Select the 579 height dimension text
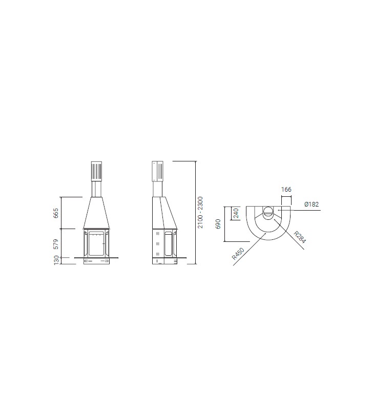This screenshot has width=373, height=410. click(x=56, y=244)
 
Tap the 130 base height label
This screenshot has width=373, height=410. click(x=56, y=260)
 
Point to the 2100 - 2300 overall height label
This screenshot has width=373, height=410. click(x=200, y=213)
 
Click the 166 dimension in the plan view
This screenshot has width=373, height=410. click(x=286, y=189)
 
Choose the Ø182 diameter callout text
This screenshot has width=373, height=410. click(x=312, y=204)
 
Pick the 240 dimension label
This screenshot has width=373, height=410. click(x=236, y=213)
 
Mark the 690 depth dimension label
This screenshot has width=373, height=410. click(x=218, y=224)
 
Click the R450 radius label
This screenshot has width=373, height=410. click(x=238, y=254)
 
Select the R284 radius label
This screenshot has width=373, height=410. click(x=299, y=237)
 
